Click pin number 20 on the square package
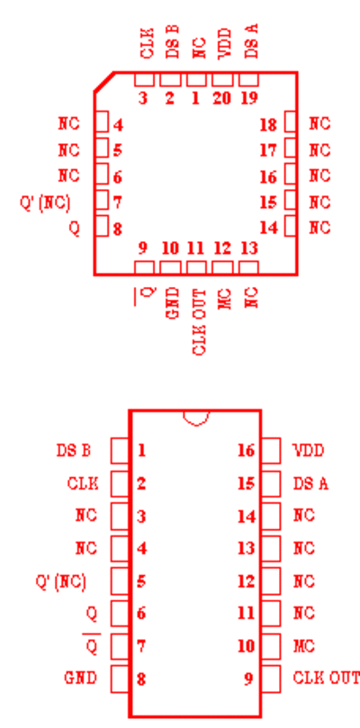coord(221,99)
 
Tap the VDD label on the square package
coord(225,43)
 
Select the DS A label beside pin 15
coord(310,484)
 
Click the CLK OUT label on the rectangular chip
coord(326,679)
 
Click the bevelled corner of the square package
coord(104,82)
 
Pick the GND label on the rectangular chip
coord(80,679)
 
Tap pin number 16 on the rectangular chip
coord(247,450)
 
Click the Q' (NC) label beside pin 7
coord(45,202)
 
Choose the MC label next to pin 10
coord(304,646)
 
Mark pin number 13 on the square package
coord(249,248)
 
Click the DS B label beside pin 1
coord(74,450)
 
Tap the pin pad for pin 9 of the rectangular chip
coord(271,679)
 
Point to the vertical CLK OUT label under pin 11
coord(199,322)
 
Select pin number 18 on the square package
coord(268,125)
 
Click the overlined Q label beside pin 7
coord(92,644)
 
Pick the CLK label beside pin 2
coord(83,483)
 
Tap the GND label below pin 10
coord(172,302)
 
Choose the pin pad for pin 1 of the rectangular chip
coord(120,450)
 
